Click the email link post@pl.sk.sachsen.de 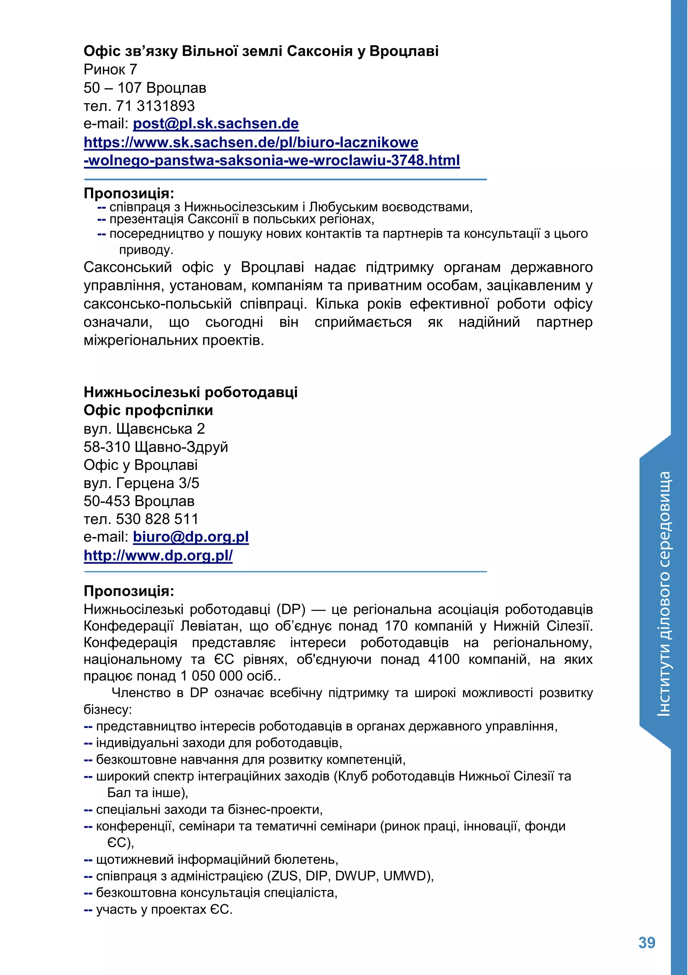pos(216,124)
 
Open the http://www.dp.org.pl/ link pos(158,556)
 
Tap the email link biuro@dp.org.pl pos(191,537)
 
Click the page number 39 pos(647,943)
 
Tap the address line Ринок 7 pos(111,69)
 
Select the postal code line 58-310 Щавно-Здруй pos(156,447)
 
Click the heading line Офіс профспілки pos(148,410)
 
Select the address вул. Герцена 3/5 pos(141,483)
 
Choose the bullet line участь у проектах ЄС pos(164,909)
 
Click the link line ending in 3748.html pos(272,161)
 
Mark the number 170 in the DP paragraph pos(395,626)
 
